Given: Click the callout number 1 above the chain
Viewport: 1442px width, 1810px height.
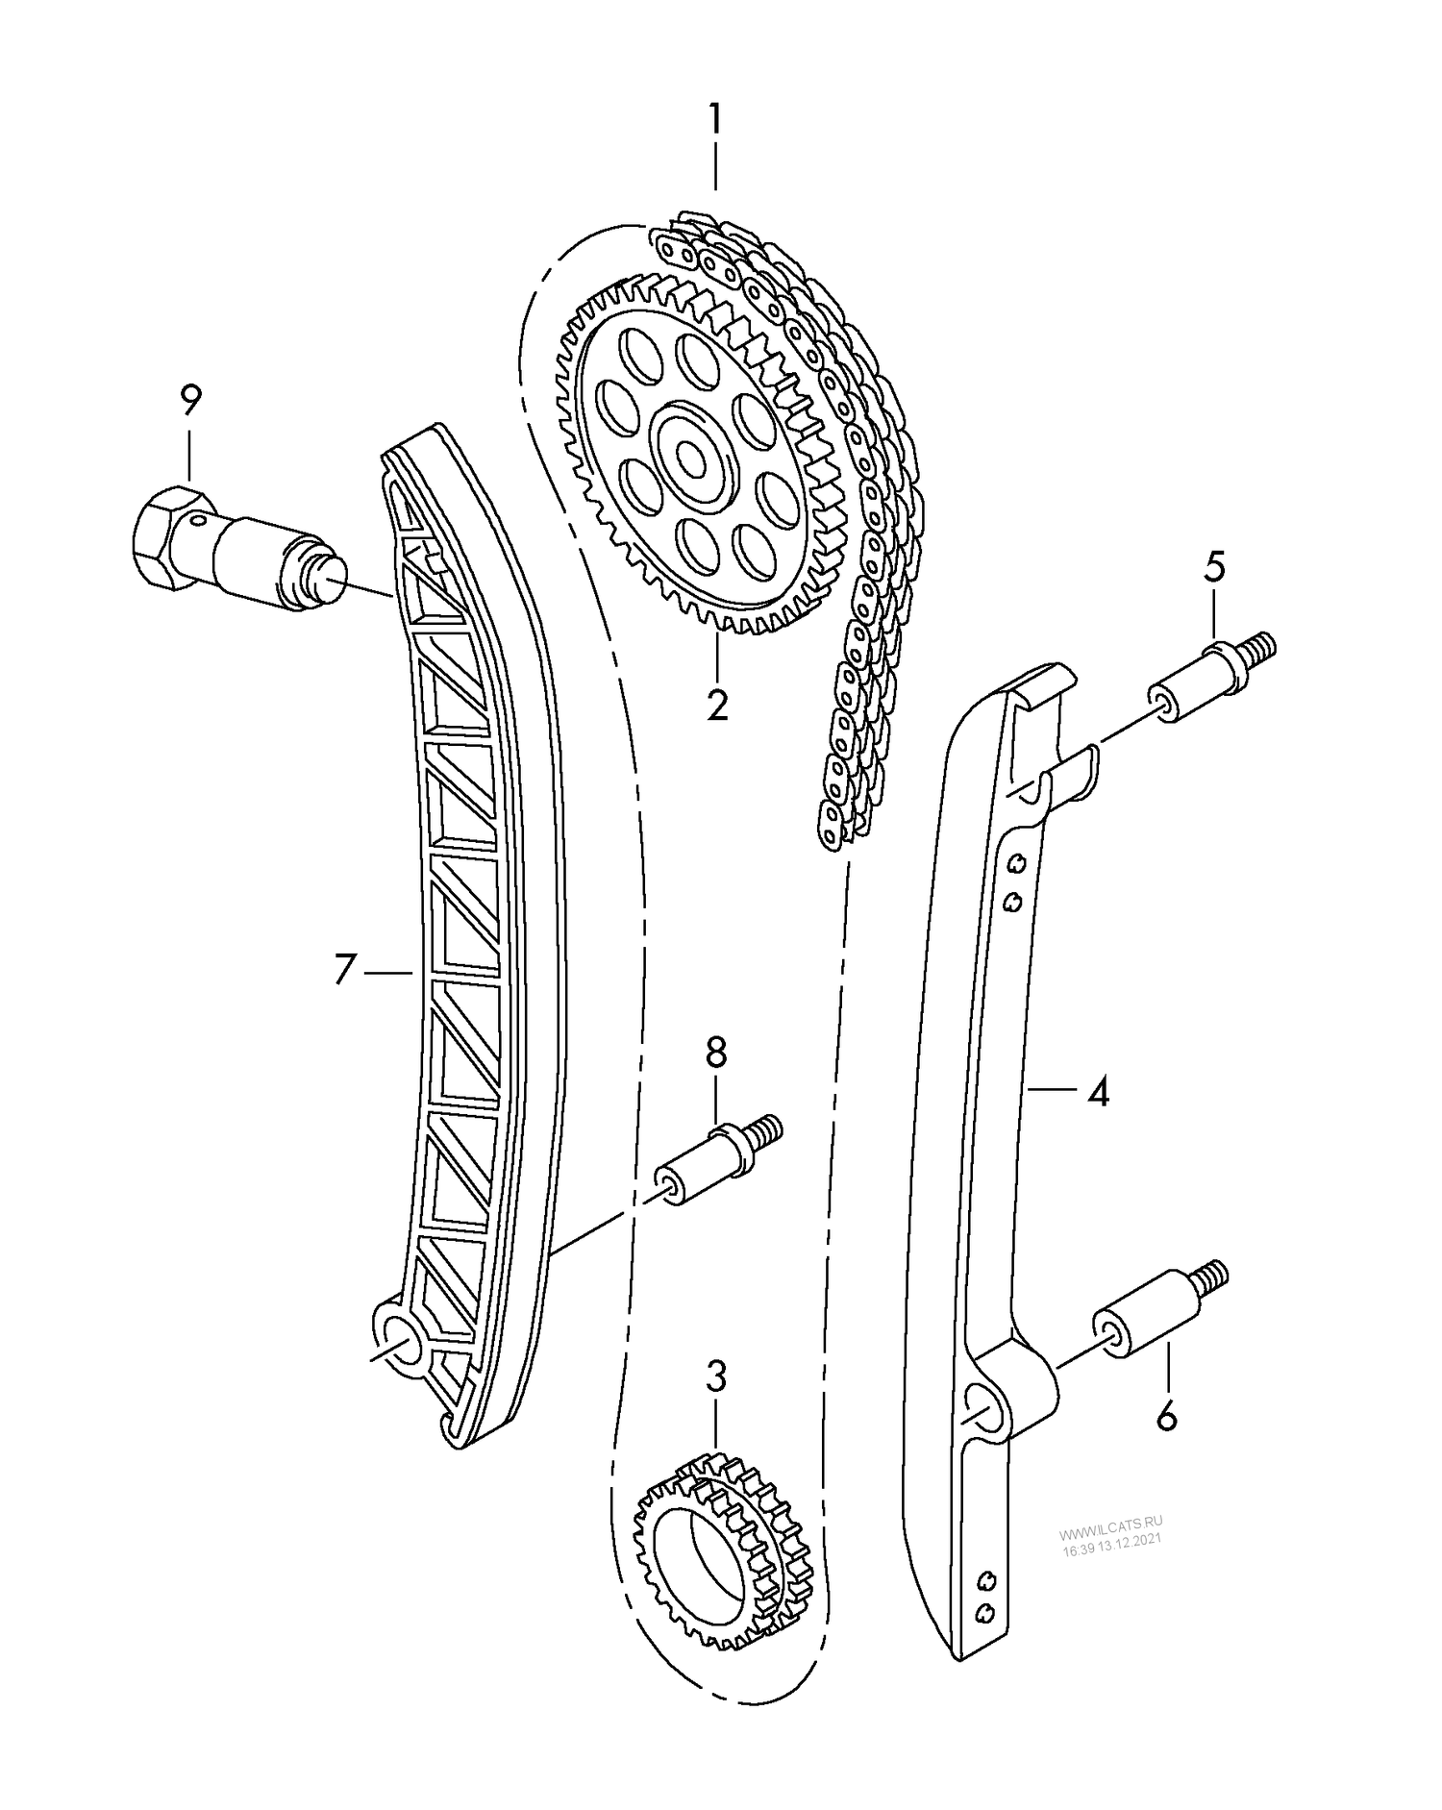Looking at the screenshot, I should pyautogui.click(x=714, y=122).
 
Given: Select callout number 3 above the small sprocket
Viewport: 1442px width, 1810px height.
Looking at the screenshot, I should pyautogui.click(x=716, y=1377).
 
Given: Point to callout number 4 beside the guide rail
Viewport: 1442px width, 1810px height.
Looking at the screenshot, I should pyautogui.click(x=1097, y=1091).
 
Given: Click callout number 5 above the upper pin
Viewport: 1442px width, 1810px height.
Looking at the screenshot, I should pyautogui.click(x=1214, y=568).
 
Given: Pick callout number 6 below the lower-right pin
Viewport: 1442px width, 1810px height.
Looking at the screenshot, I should pyautogui.click(x=1166, y=1416).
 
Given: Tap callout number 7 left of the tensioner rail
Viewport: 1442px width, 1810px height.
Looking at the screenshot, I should pyautogui.click(x=345, y=970).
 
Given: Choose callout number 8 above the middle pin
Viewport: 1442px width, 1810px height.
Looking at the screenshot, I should pyautogui.click(x=716, y=1054).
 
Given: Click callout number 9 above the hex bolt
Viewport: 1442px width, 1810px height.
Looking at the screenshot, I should pyautogui.click(x=189, y=399).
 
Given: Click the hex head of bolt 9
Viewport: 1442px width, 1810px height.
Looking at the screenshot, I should pyautogui.click(x=168, y=538).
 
